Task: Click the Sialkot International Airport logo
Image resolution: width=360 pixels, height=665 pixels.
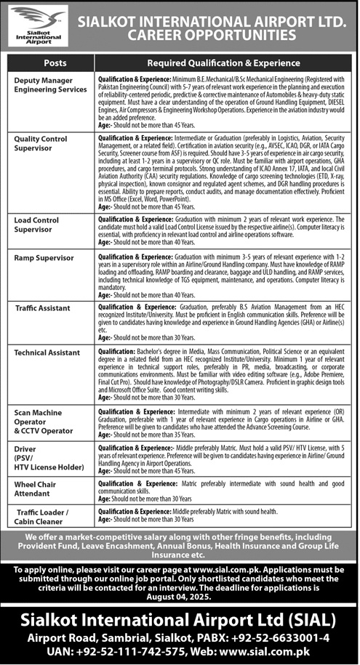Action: click(36, 25)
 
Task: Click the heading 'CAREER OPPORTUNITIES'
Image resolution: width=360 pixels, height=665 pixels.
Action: click(212, 34)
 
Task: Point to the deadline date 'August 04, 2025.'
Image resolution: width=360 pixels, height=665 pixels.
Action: click(180, 600)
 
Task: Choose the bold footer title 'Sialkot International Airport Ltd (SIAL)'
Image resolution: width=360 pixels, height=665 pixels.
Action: click(180, 621)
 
